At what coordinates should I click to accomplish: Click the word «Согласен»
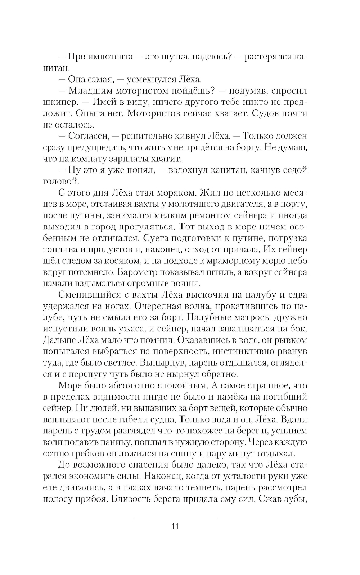87,136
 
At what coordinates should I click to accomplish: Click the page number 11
175,526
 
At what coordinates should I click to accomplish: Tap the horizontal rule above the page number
175,518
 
